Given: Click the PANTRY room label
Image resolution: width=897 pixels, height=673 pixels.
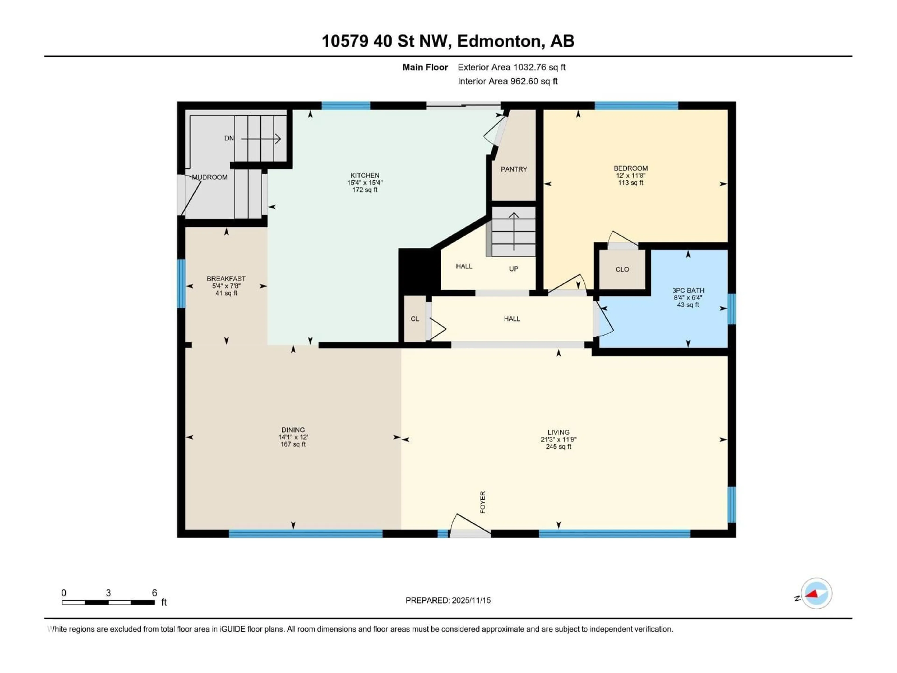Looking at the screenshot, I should click(x=513, y=169).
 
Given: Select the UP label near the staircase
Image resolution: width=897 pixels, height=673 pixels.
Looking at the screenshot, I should click(x=513, y=269).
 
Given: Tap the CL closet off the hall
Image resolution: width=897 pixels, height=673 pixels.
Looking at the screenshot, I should click(x=414, y=319).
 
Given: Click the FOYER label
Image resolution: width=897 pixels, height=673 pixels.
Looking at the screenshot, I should click(x=483, y=502).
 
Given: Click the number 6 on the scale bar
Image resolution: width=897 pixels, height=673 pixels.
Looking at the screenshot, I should click(x=154, y=593).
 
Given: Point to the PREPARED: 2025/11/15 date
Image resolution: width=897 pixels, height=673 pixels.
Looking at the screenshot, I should click(x=448, y=600).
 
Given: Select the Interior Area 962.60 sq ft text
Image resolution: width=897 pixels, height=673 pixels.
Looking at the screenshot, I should click(x=507, y=81).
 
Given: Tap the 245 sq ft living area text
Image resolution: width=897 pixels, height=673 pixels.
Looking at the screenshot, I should click(x=558, y=447).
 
